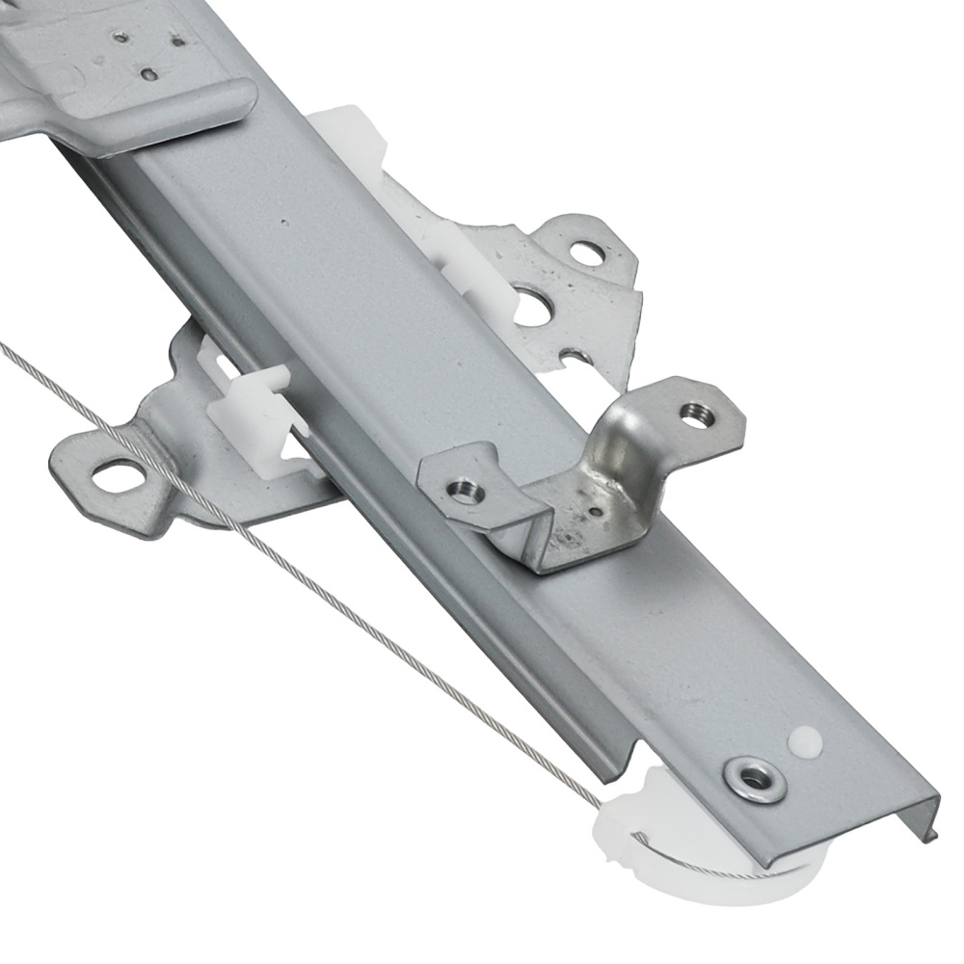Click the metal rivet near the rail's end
[x=755, y=780]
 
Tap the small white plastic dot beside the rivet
[x=805, y=741]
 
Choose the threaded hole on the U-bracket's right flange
[x=697, y=415]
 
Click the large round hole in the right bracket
[x=531, y=308]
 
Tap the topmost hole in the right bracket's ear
[x=586, y=254]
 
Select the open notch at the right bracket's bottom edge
[x=576, y=359]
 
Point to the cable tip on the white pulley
[x=636, y=836]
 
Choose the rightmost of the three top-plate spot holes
[x=177, y=40]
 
